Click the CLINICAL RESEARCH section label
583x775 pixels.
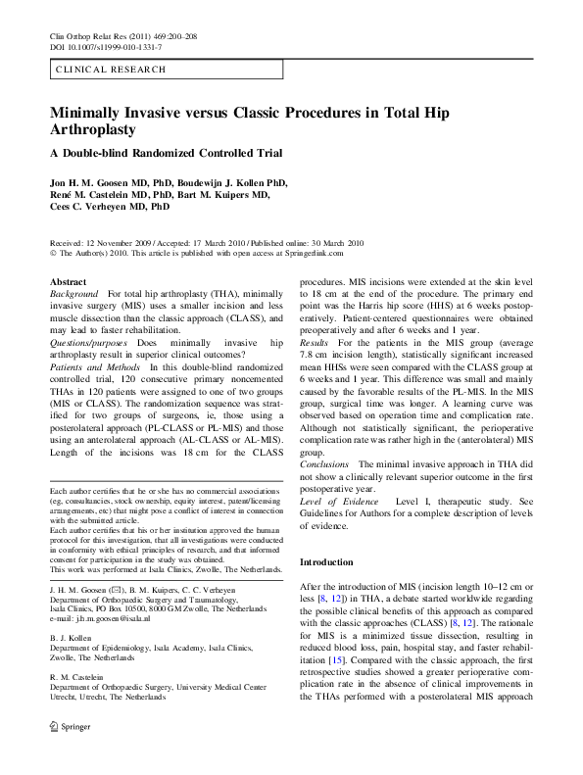(x=111, y=70)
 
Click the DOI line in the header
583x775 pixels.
(x=106, y=47)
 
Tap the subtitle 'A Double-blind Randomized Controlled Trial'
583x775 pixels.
(x=166, y=153)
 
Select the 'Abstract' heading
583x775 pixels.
(x=68, y=282)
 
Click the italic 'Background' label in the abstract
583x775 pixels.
(x=73, y=294)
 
